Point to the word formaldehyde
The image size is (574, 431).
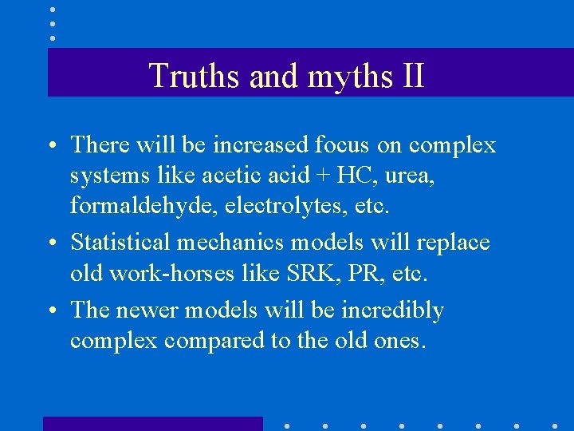coord(141,206)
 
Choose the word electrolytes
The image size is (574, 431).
coord(269,206)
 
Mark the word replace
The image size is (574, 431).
coord(455,243)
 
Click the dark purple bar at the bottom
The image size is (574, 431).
coord(152,424)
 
